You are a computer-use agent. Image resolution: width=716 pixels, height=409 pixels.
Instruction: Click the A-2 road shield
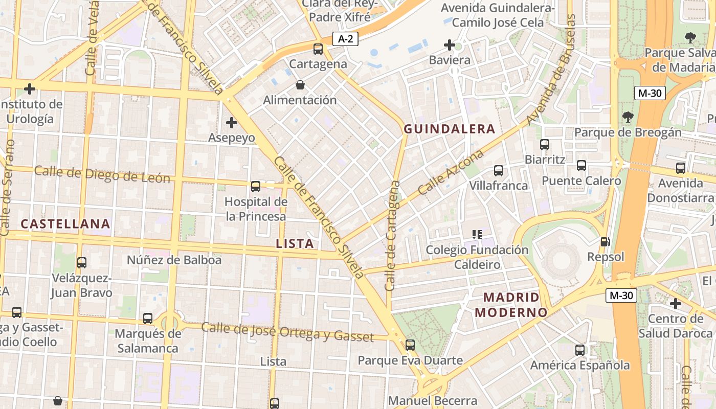pos(346,38)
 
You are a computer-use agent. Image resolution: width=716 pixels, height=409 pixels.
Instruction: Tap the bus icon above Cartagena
pos(318,49)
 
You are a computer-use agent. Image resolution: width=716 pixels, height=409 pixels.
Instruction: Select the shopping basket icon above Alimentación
pos(300,85)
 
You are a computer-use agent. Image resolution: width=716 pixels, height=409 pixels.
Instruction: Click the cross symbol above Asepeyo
pos(232,123)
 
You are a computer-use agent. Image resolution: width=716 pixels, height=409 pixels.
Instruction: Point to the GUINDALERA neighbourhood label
pos(450,129)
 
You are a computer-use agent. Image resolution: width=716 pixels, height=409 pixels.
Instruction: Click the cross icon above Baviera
pos(450,46)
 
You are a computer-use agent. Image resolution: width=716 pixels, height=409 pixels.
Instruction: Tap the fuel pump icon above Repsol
pos(606,242)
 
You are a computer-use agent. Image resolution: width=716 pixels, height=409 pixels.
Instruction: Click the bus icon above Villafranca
pos(499,171)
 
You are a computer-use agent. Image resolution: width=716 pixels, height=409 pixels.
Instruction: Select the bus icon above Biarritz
pos(545,145)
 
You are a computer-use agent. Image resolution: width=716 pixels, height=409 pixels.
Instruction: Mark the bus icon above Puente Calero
pos(581,166)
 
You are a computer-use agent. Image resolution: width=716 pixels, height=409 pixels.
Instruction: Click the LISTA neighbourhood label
pos(295,244)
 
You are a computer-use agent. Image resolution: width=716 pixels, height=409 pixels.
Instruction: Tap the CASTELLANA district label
pos(65,223)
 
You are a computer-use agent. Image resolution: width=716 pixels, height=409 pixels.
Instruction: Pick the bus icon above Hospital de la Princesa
pos(256,187)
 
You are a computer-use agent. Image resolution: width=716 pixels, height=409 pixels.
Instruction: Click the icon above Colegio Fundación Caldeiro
pos(477,235)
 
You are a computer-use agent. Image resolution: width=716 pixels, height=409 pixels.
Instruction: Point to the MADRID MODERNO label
pos(510,304)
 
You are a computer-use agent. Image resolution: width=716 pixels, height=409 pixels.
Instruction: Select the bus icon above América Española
pos(580,350)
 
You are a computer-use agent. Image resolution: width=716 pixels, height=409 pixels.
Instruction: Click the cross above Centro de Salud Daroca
pos(676,304)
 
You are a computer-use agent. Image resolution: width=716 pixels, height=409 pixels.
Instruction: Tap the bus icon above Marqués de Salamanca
pos(148,319)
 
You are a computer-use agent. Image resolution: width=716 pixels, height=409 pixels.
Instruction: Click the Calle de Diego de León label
pos(102,174)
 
